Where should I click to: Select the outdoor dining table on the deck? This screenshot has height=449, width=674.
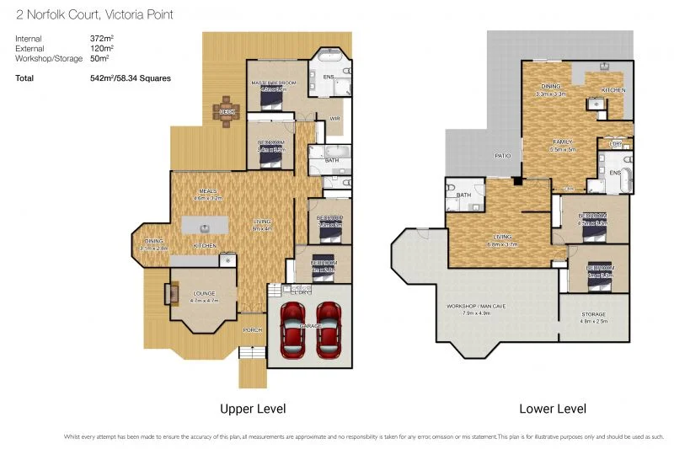point(227,112)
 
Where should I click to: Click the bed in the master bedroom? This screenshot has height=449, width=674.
point(271,99)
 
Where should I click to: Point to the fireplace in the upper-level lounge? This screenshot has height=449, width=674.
point(174,293)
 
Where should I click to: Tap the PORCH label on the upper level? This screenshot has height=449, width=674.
point(252,330)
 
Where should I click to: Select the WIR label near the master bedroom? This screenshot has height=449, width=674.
point(334,119)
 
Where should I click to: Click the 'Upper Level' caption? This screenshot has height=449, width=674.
point(253,409)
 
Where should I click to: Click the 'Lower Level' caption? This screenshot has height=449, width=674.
point(554,409)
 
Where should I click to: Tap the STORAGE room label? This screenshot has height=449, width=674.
point(594,313)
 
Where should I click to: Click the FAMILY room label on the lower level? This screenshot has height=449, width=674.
point(562,142)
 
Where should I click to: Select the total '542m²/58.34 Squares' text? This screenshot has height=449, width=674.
point(131,78)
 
